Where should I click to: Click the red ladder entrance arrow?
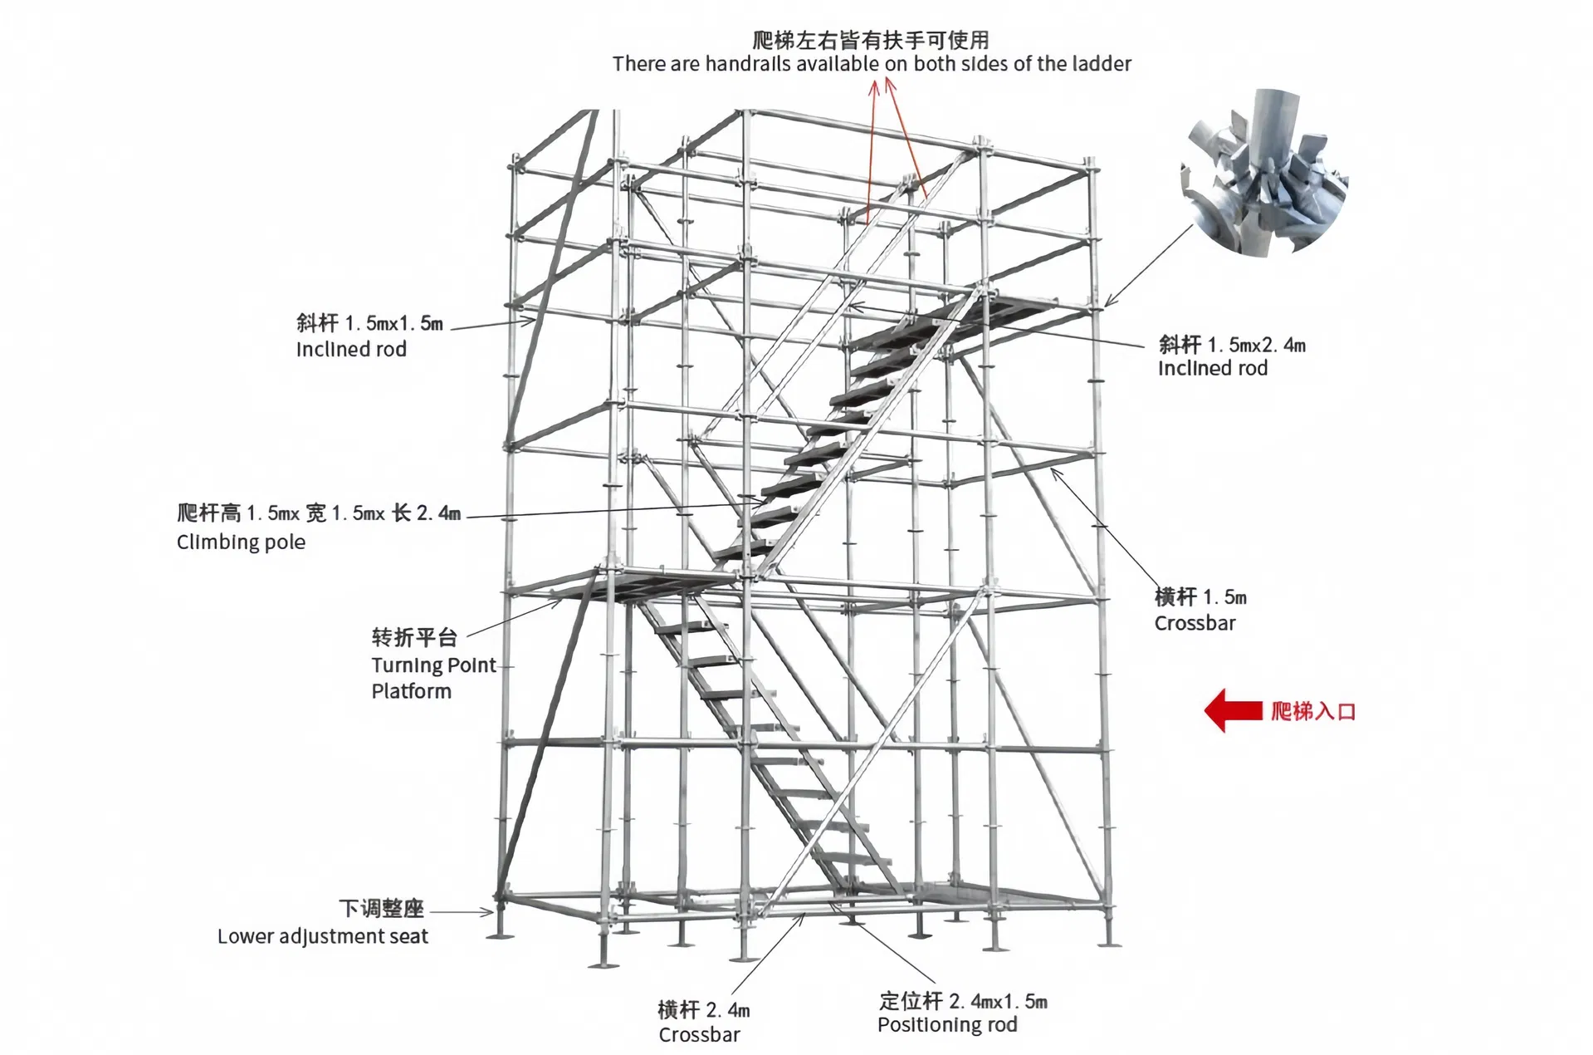1233,711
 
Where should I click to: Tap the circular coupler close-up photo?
1263,173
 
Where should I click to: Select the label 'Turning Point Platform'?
432,678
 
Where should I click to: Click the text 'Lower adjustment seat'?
322,936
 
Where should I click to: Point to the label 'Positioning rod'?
946,1025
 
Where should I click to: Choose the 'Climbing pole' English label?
241,542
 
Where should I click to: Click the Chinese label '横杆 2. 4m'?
703,1010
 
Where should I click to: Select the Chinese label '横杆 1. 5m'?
1200,596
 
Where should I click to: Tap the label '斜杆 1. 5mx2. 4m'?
1232,344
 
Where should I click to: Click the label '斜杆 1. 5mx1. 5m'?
369,322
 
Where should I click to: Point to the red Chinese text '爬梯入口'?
1312,712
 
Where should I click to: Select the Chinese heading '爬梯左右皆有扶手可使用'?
871,39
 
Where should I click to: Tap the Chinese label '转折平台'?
414,637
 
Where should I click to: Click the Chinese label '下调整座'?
381,908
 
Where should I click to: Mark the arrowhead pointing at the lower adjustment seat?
489,912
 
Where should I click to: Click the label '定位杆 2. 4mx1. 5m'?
963,1001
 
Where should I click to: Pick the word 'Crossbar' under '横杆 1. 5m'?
1195,623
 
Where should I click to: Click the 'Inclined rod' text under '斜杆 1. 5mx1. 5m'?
351,349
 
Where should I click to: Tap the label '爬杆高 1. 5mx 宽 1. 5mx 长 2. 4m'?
318,513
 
